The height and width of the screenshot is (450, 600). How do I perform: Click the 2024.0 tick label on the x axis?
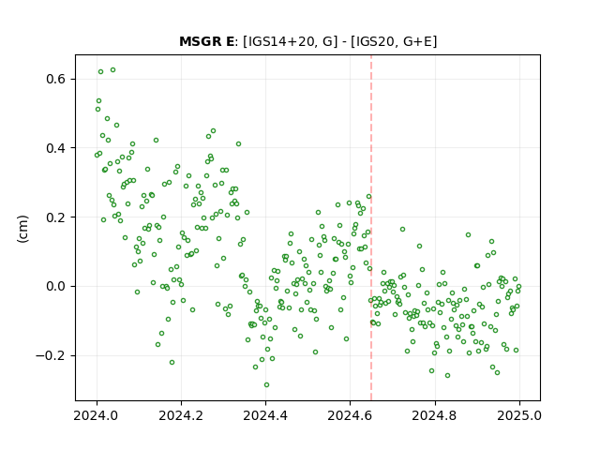point(97,415)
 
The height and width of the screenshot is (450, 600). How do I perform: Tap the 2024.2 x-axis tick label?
point(181,415)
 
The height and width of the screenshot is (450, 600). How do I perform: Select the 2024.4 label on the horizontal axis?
point(265,415)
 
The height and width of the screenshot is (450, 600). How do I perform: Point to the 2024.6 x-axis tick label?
point(350,415)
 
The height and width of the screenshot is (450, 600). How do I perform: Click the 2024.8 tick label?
point(435,415)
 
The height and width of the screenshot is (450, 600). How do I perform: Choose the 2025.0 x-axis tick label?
point(519,415)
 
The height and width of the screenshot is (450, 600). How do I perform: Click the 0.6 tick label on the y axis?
point(56,79)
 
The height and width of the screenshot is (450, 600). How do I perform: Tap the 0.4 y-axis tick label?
point(56,148)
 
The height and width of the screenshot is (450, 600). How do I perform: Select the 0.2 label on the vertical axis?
point(56,217)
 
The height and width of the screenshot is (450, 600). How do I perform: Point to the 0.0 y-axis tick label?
point(56,286)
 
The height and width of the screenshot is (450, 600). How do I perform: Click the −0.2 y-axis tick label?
point(51,355)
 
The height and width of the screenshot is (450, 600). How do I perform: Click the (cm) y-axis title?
point(22,229)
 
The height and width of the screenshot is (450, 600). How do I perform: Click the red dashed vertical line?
point(371,228)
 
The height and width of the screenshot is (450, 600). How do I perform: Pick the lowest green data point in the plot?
point(266,384)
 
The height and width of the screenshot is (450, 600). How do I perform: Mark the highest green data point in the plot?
point(112,70)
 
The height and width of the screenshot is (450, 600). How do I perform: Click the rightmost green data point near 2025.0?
point(518,286)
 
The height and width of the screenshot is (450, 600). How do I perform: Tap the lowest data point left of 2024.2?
point(172,362)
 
